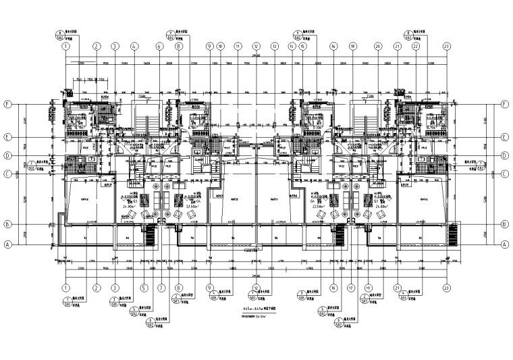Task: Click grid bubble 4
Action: (x=134, y=47)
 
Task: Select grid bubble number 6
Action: (x=160, y=47)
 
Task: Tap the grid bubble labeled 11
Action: (x=238, y=47)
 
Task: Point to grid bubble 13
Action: (x=275, y=47)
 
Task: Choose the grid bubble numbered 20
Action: (x=378, y=47)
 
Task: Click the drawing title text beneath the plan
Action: (x=256, y=308)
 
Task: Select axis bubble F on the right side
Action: (x=504, y=105)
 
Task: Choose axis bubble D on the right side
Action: (x=504, y=155)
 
